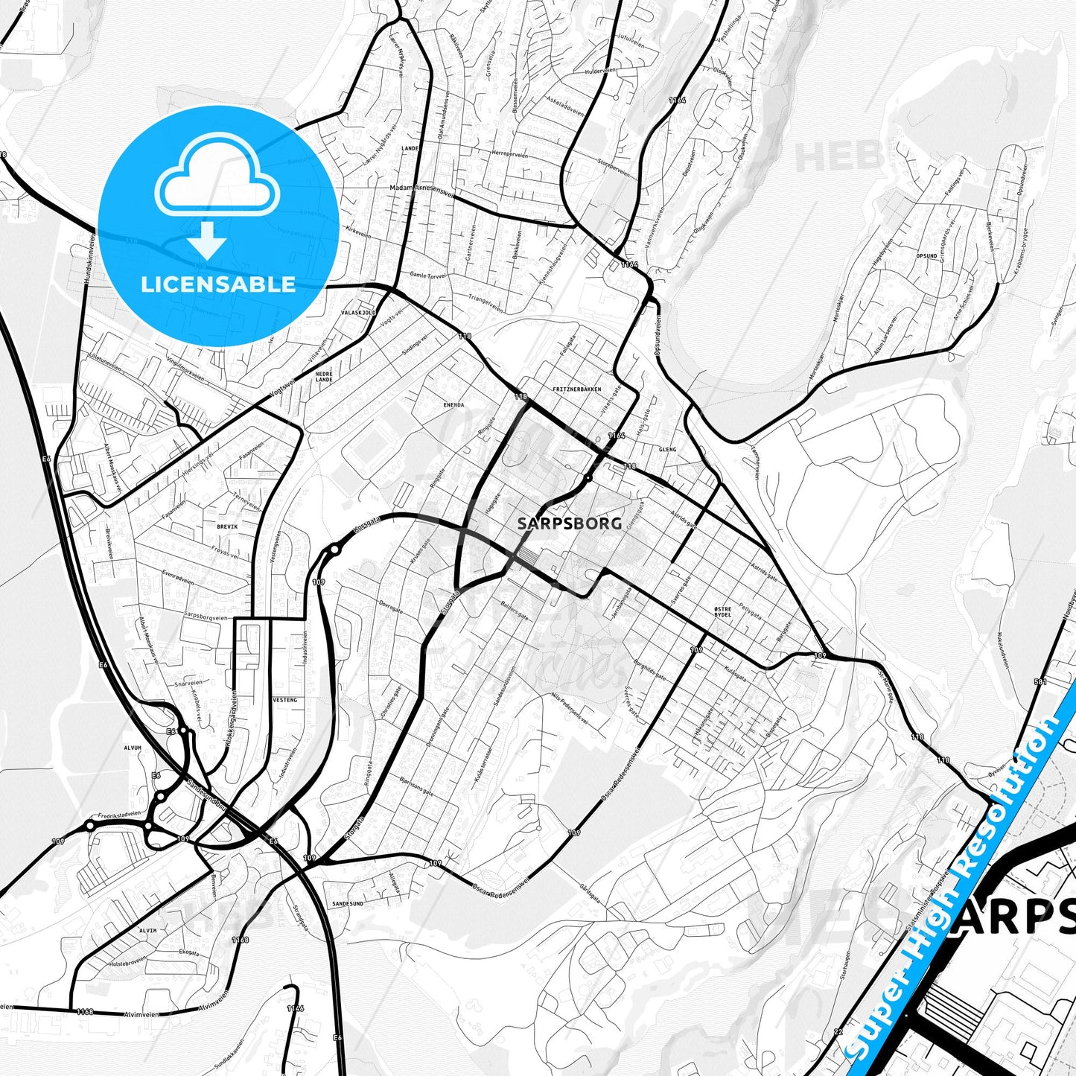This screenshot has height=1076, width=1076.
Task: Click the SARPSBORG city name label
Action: click(x=569, y=523)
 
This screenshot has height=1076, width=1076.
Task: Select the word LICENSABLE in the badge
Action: click(x=217, y=284)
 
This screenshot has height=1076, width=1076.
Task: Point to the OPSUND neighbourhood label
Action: click(x=927, y=255)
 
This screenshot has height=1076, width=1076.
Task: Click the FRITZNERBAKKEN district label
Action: click(x=577, y=389)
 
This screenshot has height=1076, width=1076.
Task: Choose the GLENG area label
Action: click(x=667, y=450)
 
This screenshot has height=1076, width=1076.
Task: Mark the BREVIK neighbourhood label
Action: click(x=227, y=526)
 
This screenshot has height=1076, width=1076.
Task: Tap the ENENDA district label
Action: click(x=453, y=405)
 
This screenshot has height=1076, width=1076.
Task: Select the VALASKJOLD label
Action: click(x=359, y=313)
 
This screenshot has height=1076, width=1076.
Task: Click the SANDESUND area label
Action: click(x=348, y=903)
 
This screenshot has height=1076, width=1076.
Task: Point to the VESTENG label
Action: click(x=285, y=700)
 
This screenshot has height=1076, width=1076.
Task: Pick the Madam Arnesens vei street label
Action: click(x=421, y=189)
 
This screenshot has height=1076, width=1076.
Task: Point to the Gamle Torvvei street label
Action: click(x=422, y=275)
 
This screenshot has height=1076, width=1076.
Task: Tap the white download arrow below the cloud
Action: click(x=207, y=240)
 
